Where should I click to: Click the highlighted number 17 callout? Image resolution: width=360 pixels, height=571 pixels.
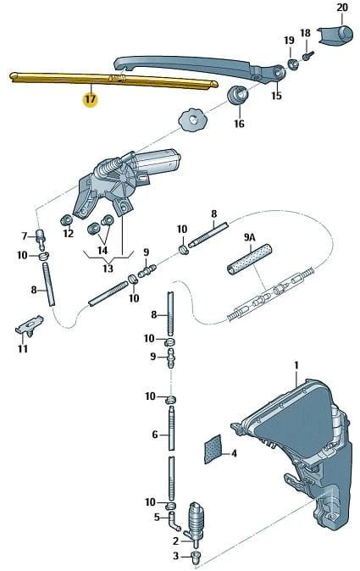click(x=91, y=99)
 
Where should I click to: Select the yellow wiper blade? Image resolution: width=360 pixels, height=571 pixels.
click(x=114, y=80)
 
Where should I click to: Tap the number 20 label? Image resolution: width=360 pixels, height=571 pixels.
click(x=342, y=8)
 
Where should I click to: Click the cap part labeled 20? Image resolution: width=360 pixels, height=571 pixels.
click(x=335, y=35)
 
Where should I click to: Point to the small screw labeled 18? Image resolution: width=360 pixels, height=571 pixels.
click(x=308, y=56)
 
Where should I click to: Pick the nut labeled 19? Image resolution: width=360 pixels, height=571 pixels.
click(x=293, y=63)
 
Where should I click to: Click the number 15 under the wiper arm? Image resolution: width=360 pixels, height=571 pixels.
click(x=276, y=96)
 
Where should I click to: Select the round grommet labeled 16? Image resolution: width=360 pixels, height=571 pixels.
click(x=238, y=95)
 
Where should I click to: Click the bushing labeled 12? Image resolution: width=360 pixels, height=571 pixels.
click(x=66, y=220)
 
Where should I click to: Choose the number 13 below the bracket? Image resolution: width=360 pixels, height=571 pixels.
click(x=108, y=269)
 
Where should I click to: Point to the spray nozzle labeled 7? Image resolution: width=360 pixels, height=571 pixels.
click(x=41, y=237)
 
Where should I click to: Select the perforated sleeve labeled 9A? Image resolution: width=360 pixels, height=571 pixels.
click(x=250, y=259)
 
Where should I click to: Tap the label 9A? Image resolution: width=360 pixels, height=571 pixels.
click(x=250, y=237)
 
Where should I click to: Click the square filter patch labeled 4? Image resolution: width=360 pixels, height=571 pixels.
click(x=213, y=449)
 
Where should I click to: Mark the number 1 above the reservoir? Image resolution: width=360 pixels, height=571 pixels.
click(x=296, y=365)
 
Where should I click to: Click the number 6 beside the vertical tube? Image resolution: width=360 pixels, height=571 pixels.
click(x=155, y=435)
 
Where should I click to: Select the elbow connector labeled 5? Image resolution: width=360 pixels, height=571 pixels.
click(x=174, y=519)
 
